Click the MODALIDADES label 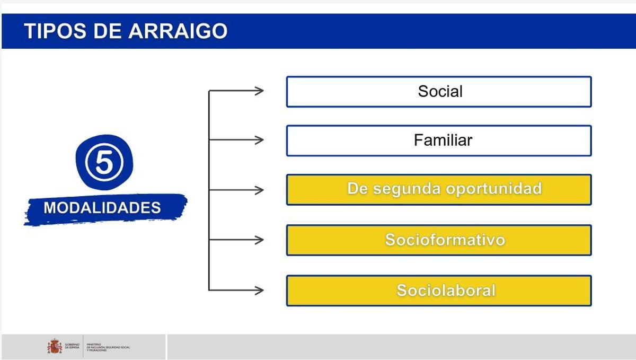point(102,207)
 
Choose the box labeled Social point(439,92)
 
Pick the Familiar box point(439,141)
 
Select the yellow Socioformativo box point(439,240)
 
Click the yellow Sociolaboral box point(439,291)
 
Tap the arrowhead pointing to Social point(259,91)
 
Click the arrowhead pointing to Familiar point(259,140)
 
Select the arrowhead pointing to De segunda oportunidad point(259,190)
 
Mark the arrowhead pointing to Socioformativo point(259,240)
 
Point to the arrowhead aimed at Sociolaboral point(259,290)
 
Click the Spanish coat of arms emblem point(54,347)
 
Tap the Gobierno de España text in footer point(72,346)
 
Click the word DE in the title point(109,31)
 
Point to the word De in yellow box point(357,189)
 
